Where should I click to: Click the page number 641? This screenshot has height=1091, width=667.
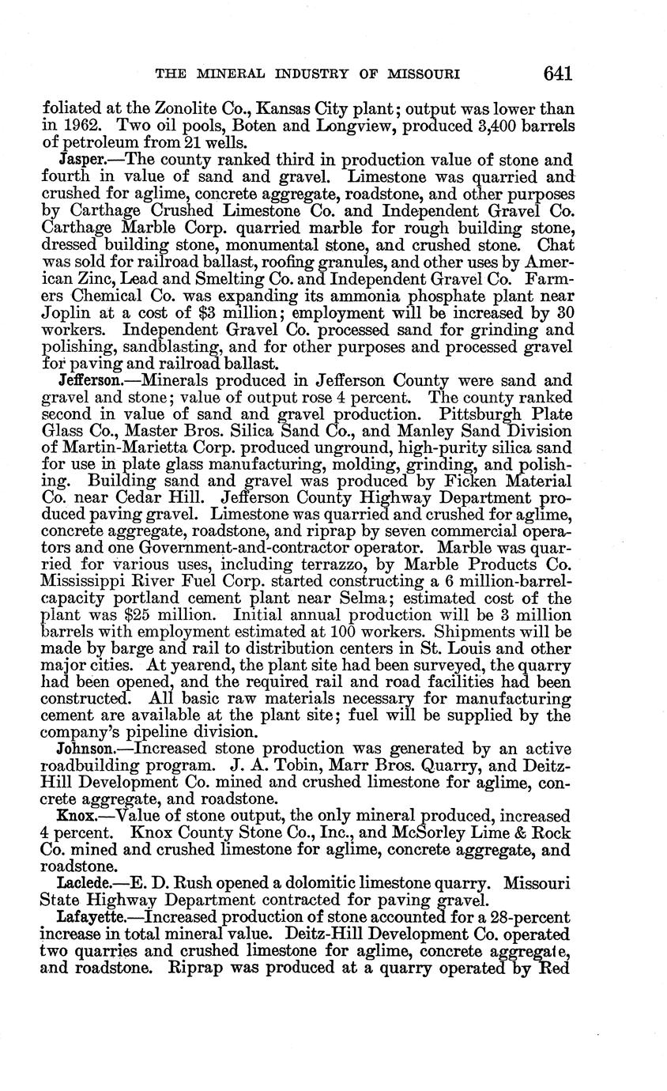click(x=557, y=74)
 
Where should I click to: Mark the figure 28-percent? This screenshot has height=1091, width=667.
click(x=522, y=916)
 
